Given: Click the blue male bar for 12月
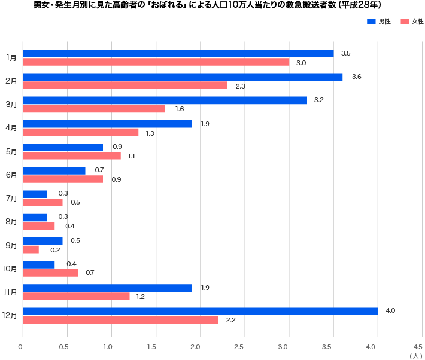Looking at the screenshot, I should pyautogui.click(x=200, y=311).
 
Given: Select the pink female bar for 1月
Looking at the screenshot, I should pyautogui.click(x=156, y=62).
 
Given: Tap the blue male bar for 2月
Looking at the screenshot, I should pyautogui.click(x=183, y=77).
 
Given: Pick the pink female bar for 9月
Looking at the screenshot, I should pyautogui.click(x=31, y=249).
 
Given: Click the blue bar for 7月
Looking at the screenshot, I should pyautogui.click(x=34, y=194).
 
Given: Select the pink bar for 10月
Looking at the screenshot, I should pyautogui.click(x=50, y=273).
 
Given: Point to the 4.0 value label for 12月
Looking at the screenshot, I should pyautogui.click(x=390, y=311).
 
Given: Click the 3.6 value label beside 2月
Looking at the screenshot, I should pyautogui.click(x=356, y=77).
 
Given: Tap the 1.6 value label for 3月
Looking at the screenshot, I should pyautogui.click(x=179, y=109).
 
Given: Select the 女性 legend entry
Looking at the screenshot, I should pyautogui.click(x=411, y=22).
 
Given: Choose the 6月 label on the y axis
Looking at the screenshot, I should pyautogui.click(x=11, y=175).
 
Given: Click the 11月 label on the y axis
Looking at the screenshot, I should pyautogui.click(x=10, y=292).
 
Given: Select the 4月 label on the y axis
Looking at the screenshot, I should pyautogui.click(x=11, y=128).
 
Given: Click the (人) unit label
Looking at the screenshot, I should pyautogui.click(x=415, y=356).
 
